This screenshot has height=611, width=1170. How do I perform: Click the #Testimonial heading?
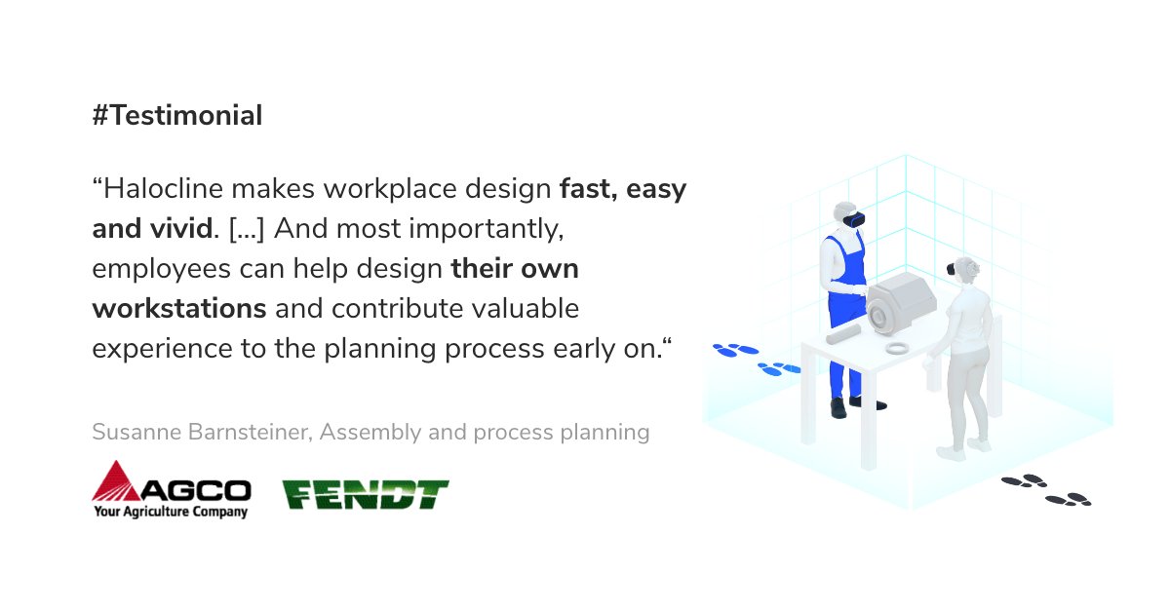tap(177, 116)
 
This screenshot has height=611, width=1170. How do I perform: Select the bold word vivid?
tap(178, 229)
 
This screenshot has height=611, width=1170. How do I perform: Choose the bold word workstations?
tap(179, 309)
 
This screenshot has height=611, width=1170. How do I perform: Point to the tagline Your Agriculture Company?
tap(171, 511)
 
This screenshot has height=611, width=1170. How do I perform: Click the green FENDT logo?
tap(366, 494)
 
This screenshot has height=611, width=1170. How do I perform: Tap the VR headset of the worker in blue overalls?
tap(854, 219)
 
